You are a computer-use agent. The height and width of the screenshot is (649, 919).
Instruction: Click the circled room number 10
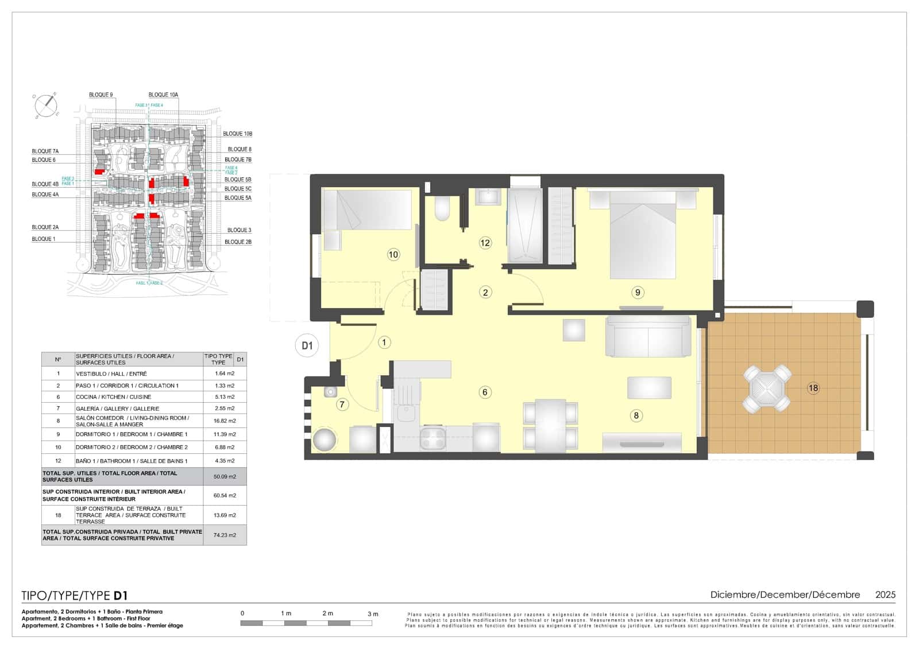(x=393, y=255)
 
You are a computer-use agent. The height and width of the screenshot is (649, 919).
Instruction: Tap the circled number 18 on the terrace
(x=813, y=388)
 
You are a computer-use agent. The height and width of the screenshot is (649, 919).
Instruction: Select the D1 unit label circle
(x=307, y=345)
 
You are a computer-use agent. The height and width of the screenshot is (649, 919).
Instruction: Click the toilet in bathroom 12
(x=442, y=209)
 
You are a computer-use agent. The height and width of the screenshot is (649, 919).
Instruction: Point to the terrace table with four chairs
(x=767, y=388)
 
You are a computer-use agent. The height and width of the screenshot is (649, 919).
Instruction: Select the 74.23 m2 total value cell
(x=225, y=535)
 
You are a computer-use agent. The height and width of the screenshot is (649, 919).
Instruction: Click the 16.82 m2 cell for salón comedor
(x=225, y=421)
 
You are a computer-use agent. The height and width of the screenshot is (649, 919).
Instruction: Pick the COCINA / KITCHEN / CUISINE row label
(x=114, y=397)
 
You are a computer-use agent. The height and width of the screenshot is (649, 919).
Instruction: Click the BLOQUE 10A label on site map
(x=163, y=95)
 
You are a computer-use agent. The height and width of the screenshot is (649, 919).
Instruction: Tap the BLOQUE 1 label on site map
(x=44, y=239)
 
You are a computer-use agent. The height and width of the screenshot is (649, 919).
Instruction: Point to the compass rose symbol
(x=46, y=105)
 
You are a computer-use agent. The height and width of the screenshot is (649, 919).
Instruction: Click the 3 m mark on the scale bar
(x=373, y=614)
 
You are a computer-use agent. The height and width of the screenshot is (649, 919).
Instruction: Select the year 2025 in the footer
(x=885, y=595)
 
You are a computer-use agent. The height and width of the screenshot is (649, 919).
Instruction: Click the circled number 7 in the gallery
(x=342, y=405)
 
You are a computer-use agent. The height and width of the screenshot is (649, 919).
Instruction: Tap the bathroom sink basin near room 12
(x=489, y=197)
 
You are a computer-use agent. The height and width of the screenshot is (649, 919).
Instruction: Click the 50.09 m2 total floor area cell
(x=225, y=476)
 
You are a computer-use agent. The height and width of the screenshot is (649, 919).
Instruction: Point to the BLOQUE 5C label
(x=238, y=189)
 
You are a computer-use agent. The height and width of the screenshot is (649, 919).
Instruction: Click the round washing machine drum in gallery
(x=325, y=440)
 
